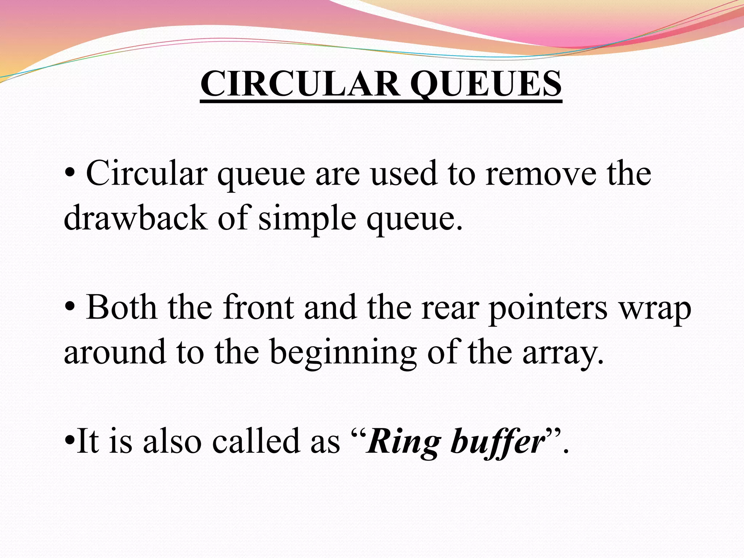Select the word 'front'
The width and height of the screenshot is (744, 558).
click(258, 308)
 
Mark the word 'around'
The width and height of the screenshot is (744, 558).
click(115, 352)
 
